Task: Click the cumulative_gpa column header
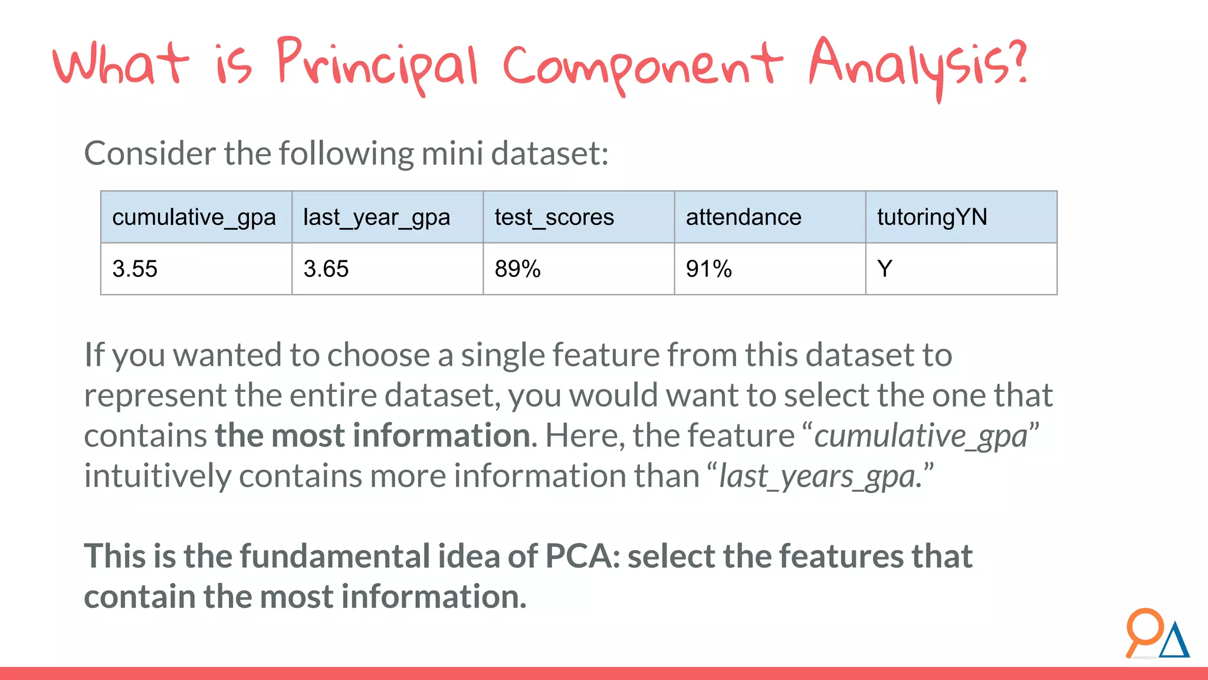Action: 194,218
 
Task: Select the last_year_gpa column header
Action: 376,218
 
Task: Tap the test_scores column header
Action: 554,218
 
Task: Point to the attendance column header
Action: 743,218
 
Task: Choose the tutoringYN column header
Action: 932,218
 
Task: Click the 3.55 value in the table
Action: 135,269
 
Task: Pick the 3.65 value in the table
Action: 326,269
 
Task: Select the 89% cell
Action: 517,269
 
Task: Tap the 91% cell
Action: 708,269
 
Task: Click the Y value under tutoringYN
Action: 884,269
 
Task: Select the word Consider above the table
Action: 150,153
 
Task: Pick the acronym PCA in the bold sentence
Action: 577,556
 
